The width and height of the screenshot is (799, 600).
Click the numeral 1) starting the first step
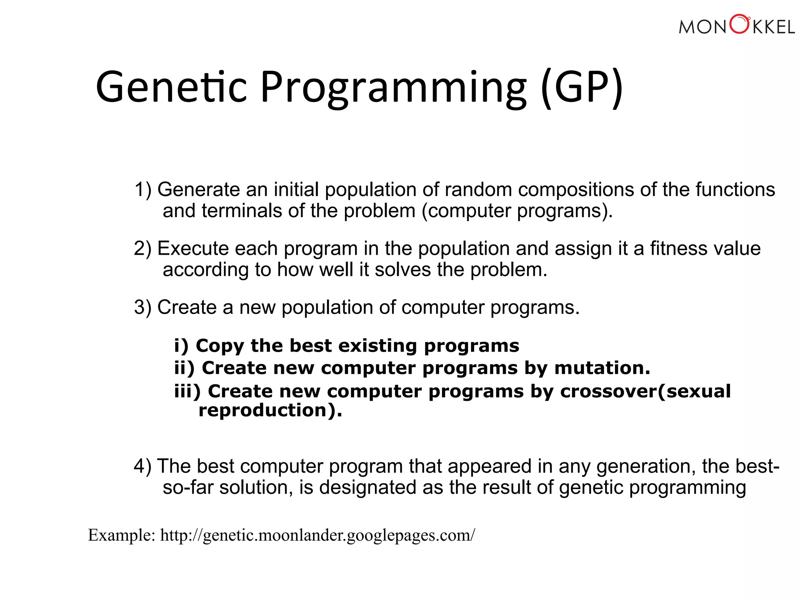(143, 190)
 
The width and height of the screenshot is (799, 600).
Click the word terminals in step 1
(241, 211)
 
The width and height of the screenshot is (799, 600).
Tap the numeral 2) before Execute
(143, 249)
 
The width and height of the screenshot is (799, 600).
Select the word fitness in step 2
(679, 249)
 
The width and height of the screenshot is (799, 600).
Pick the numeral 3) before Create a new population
(143, 307)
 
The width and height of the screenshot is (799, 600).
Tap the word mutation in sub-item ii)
(602, 368)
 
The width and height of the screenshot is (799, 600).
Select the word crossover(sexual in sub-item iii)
(645, 391)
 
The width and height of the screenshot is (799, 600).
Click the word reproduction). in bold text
(270, 411)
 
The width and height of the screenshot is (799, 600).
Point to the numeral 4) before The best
(143, 466)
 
